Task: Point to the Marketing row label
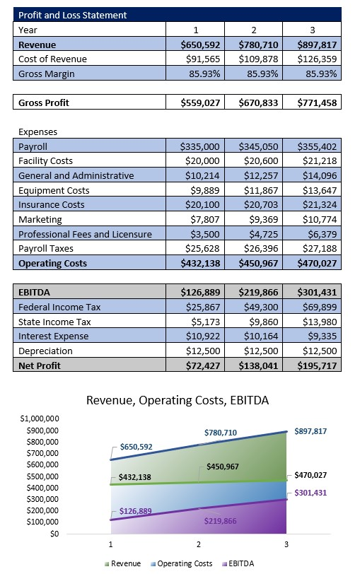40,219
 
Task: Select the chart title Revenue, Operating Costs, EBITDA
179,400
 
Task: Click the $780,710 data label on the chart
221,432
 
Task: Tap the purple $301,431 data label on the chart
310,492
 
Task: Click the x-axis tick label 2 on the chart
199,545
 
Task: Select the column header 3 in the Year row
311,30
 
